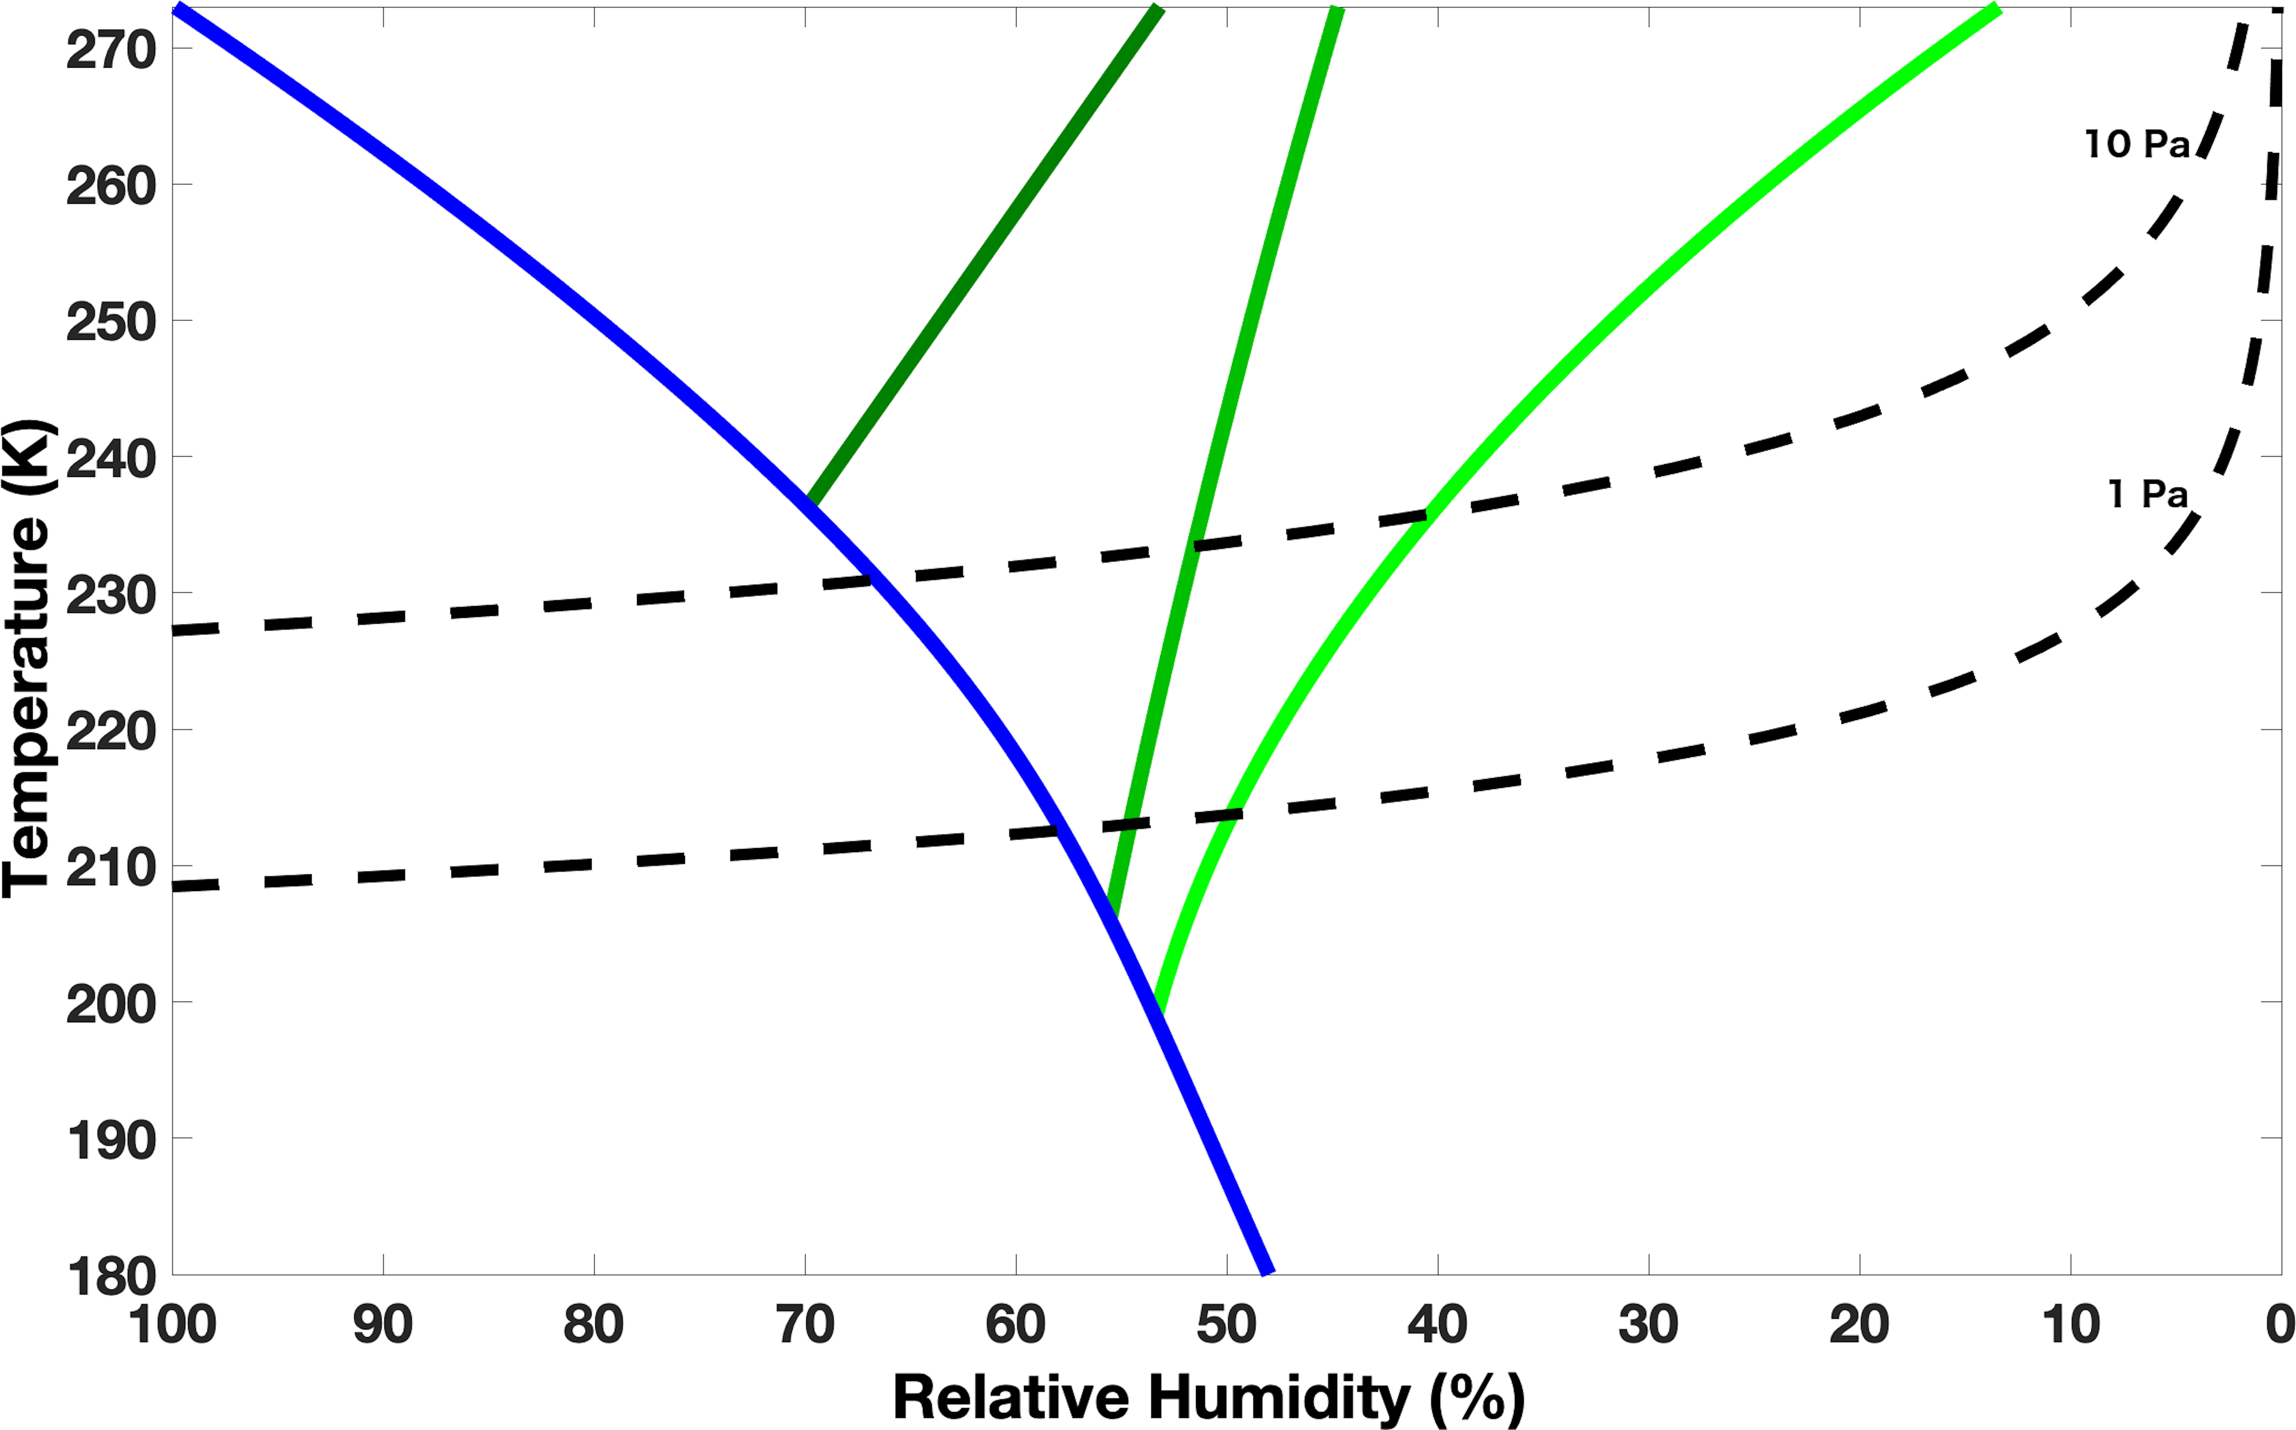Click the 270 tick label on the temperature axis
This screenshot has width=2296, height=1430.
click(111, 50)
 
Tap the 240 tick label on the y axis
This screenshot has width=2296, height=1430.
click(111, 461)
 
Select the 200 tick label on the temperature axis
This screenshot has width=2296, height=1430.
click(111, 1004)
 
